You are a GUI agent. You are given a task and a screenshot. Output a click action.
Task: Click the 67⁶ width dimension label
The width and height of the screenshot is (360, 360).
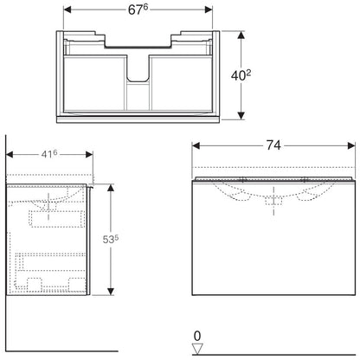click(138, 10)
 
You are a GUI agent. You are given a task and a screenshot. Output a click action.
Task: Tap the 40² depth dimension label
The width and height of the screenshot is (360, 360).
click(241, 75)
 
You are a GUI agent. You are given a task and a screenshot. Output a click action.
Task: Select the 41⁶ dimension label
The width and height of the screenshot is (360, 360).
click(49, 154)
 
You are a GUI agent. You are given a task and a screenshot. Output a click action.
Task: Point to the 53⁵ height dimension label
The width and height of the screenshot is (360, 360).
click(111, 239)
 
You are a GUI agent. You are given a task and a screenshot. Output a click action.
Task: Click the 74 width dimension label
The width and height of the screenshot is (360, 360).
click(273, 145)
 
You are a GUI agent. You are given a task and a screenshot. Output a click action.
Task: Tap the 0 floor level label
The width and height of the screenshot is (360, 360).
click(197, 336)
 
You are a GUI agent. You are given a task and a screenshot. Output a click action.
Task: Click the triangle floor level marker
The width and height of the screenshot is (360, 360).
click(197, 349)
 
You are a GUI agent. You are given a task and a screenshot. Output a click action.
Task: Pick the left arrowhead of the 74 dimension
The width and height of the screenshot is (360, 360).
click(196, 146)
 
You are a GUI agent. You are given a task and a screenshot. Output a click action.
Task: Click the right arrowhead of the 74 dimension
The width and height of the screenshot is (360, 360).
click(351, 146)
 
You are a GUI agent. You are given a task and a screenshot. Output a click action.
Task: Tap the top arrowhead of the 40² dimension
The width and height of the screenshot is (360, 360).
click(241, 35)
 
